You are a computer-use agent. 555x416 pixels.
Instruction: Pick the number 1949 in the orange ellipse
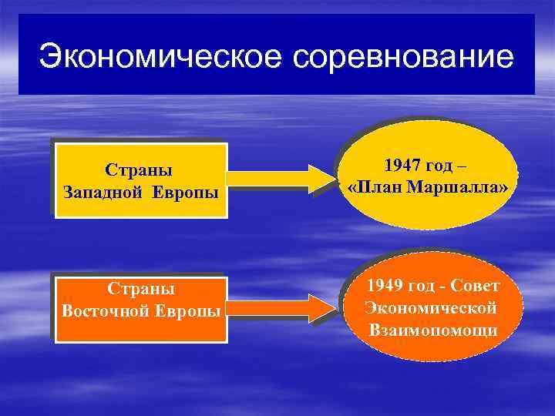tap(385, 286)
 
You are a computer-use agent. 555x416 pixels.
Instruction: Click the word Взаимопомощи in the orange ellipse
tap(432, 330)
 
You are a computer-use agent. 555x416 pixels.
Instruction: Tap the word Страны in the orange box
tap(140, 290)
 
